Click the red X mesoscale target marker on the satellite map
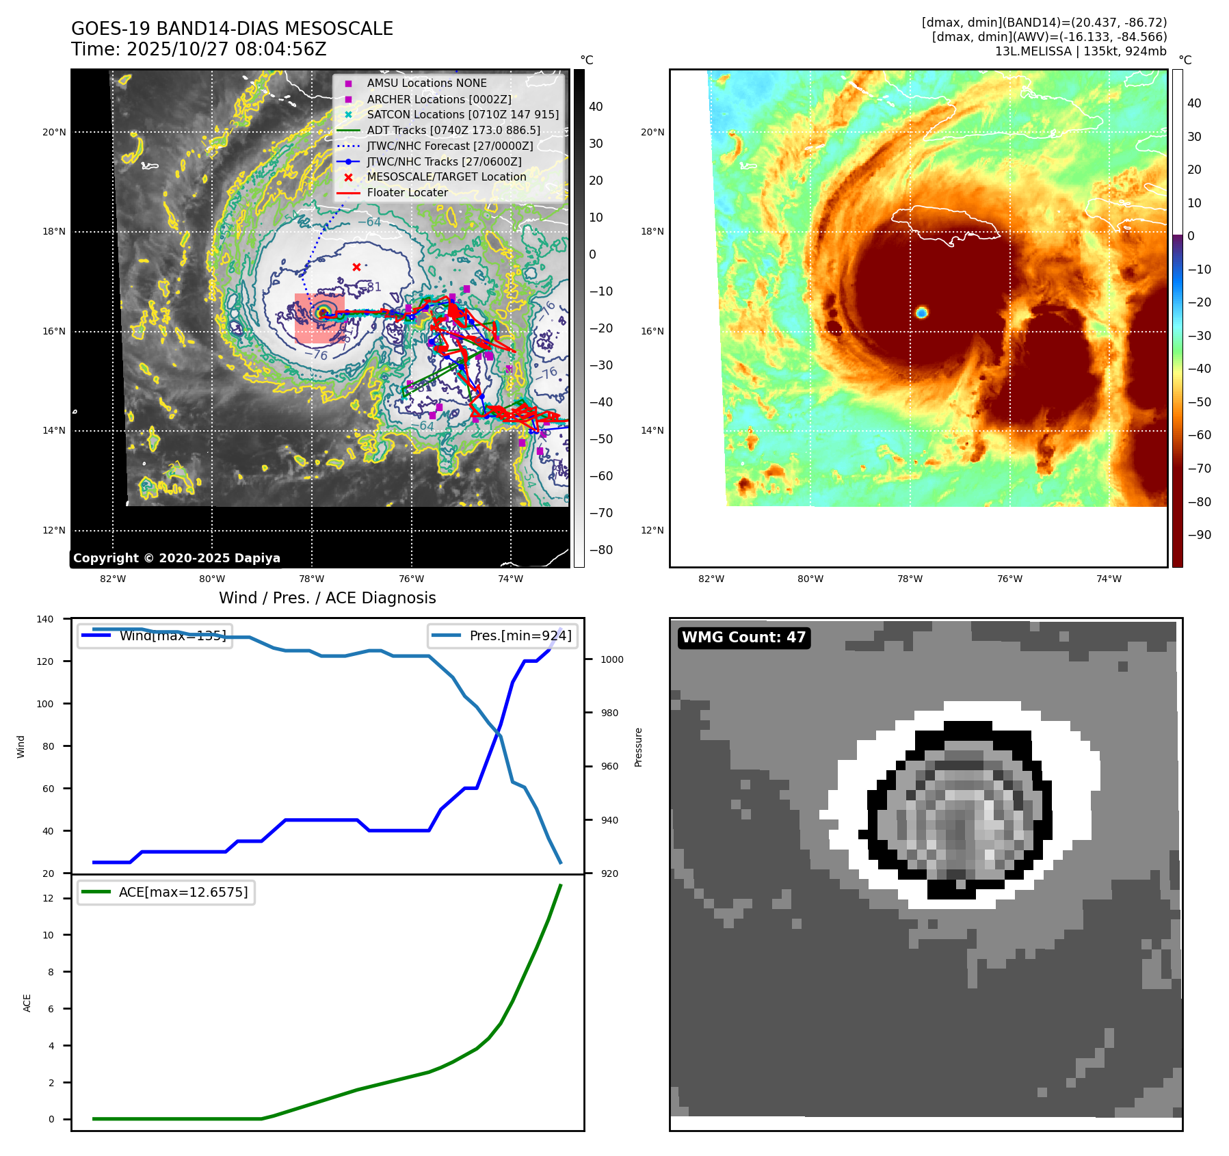[356, 267]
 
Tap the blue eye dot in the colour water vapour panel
[921, 313]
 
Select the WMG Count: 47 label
[743, 638]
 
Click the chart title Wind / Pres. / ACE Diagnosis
[327, 598]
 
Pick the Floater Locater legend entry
[407, 193]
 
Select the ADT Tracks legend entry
[453, 130]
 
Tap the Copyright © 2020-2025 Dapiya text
[176, 558]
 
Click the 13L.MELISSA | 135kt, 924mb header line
[1081, 51]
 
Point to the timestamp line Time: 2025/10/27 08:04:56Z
[199, 49]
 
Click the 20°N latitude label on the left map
[54, 132]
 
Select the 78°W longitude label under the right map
[910, 579]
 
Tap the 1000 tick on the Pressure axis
[611, 659]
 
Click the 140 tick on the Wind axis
[45, 619]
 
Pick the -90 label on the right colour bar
[1199, 535]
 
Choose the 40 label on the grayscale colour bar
[596, 107]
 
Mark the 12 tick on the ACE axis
[48, 898]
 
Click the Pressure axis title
[638, 747]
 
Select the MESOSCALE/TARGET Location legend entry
[446, 177]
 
